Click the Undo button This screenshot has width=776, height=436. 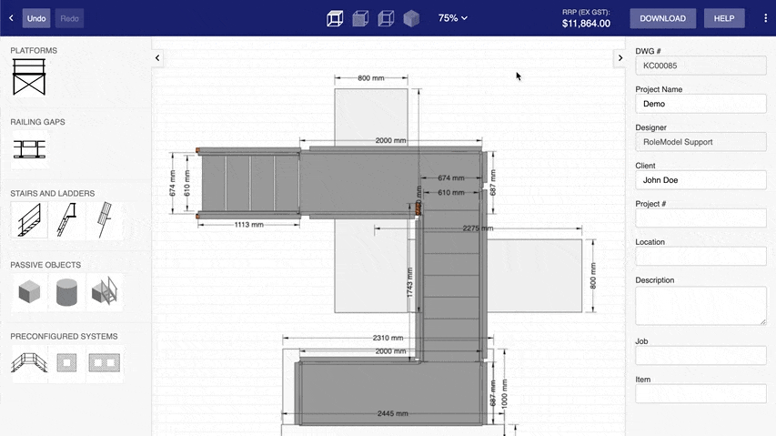(x=36, y=18)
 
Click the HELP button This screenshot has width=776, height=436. (x=724, y=18)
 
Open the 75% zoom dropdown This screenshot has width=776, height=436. (x=452, y=18)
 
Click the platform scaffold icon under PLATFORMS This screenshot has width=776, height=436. (x=28, y=76)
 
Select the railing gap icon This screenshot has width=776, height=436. (x=28, y=148)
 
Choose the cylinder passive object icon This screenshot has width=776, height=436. (x=66, y=292)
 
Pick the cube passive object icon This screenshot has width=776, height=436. (x=29, y=292)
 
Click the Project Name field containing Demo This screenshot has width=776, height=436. (x=700, y=104)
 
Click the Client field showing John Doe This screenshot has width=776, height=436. (x=700, y=180)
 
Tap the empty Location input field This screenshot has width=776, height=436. (x=700, y=256)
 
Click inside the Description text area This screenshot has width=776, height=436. (x=700, y=306)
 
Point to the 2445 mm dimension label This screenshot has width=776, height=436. (x=393, y=414)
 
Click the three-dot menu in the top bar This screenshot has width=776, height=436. (x=765, y=18)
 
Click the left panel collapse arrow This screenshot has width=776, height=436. (x=157, y=58)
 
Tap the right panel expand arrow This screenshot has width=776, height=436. (x=620, y=58)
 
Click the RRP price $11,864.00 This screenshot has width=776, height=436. (x=586, y=24)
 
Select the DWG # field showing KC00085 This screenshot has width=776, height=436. (x=700, y=66)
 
